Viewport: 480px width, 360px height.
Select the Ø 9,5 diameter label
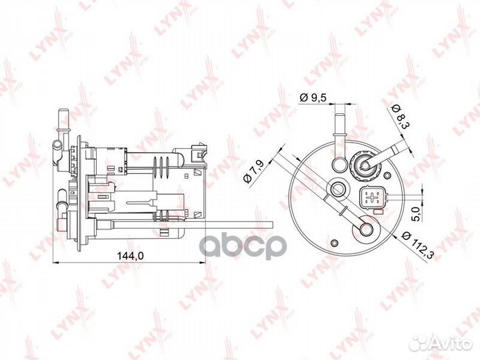[x=313, y=97]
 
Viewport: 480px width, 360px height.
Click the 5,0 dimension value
[x=415, y=215]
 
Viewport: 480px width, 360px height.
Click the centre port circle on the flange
[x=339, y=189]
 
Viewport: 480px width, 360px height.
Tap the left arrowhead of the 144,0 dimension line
[x=55, y=263]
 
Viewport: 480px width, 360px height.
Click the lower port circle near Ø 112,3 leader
[x=367, y=229]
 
